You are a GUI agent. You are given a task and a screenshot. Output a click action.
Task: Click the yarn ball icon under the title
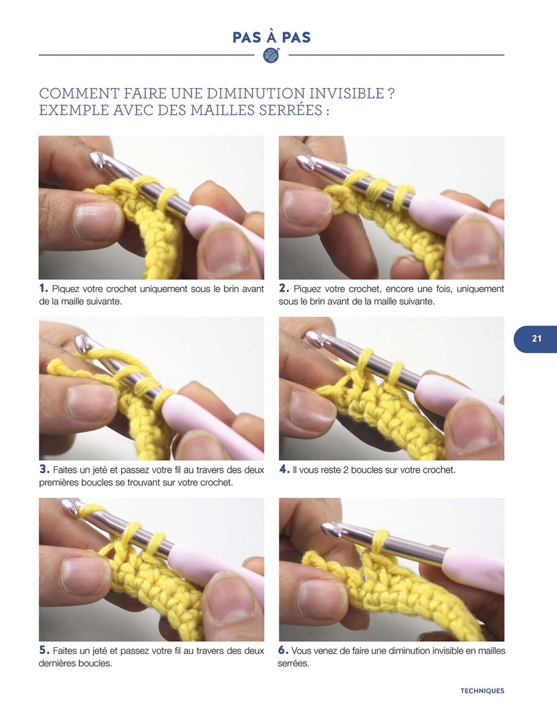272,55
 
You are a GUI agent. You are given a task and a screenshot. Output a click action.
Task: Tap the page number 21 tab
536,339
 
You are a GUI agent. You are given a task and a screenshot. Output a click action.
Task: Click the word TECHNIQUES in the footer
482,691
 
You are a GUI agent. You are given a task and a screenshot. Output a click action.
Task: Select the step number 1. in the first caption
43,288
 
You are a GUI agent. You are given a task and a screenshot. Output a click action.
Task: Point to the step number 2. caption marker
284,288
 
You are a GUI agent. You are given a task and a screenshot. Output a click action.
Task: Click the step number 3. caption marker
43,470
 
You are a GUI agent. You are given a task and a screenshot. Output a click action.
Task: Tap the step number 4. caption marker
284,470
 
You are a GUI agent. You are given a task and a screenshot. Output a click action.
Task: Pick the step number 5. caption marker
43,651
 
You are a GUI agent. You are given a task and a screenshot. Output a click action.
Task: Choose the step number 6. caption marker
284,651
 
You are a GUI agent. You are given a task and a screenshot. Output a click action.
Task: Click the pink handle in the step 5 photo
213,566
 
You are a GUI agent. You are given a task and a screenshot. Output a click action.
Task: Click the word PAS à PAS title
271,37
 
